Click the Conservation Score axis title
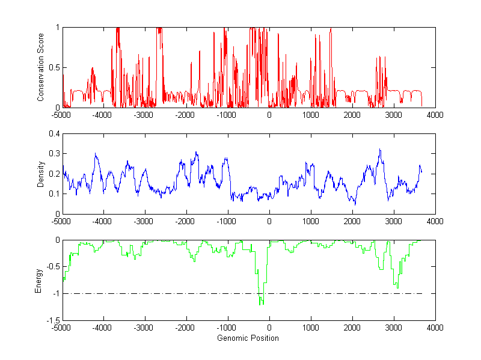(x=40, y=67)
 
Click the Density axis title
(x=40, y=174)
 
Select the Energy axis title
(x=39, y=280)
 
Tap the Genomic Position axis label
(x=249, y=338)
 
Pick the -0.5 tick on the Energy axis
(x=53, y=267)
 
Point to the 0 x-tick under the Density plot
(x=269, y=221)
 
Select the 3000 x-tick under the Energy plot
(x=393, y=328)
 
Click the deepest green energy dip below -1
(x=260, y=304)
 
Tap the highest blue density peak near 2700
(x=380, y=150)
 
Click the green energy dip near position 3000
(x=397, y=288)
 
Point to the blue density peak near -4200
(x=96, y=154)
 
